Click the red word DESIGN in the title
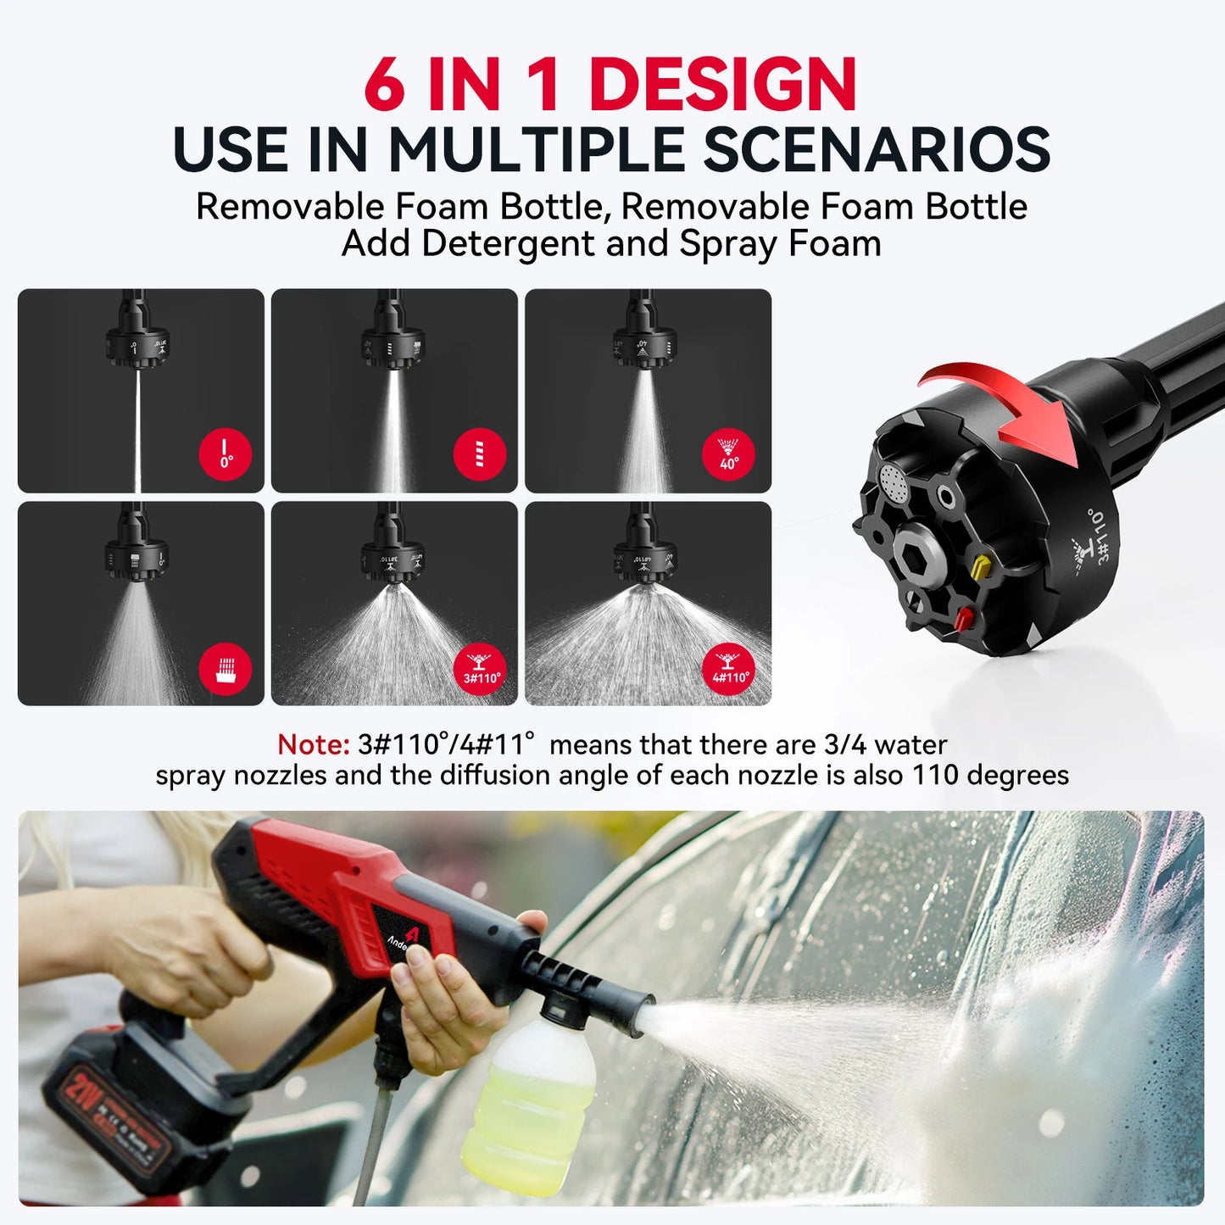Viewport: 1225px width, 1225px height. pyautogui.click(x=722, y=85)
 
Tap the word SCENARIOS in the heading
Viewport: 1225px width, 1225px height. pyautogui.click(x=877, y=150)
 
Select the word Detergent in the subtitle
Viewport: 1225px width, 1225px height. pyautogui.click(x=506, y=244)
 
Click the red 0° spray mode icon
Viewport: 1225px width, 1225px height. pyautogui.click(x=226, y=454)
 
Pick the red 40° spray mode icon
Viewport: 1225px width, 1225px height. pyautogui.click(x=729, y=454)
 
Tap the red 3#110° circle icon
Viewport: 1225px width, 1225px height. pyautogui.click(x=481, y=668)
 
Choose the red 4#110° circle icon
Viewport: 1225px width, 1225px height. pyautogui.click(x=729, y=668)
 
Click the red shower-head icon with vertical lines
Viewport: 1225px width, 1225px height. pyautogui.click(x=226, y=668)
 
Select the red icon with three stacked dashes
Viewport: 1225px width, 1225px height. pyautogui.click(x=480, y=454)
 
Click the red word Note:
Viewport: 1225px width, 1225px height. pyautogui.click(x=313, y=744)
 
